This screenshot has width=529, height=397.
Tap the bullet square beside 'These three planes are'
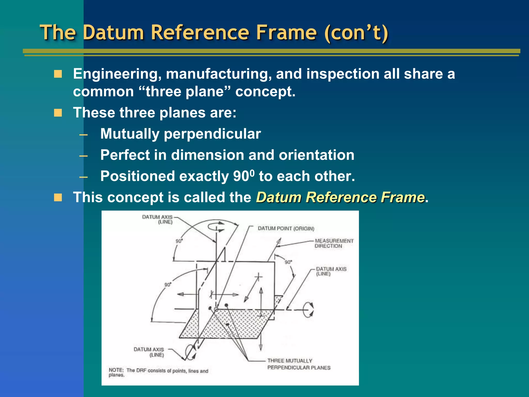coord(58,113)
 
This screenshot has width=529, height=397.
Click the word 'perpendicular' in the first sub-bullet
coord(212,134)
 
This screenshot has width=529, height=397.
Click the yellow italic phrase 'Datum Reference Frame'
coord(340,197)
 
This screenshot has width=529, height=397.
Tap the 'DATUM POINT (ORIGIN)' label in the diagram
coord(286,228)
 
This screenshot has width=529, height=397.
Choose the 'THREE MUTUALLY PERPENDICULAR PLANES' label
coord(299,364)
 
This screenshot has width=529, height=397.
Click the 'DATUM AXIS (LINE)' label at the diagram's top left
coord(157,219)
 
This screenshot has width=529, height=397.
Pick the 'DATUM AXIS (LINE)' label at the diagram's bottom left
coord(149,352)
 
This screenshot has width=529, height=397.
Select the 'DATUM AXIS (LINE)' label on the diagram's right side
coord(331,271)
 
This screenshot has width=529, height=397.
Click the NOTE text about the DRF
coord(158,372)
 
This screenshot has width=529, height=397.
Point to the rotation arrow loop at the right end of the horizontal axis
coord(308,310)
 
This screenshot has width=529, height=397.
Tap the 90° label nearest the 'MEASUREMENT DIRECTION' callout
coord(288,262)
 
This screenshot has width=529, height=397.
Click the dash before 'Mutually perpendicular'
coord(83,134)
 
